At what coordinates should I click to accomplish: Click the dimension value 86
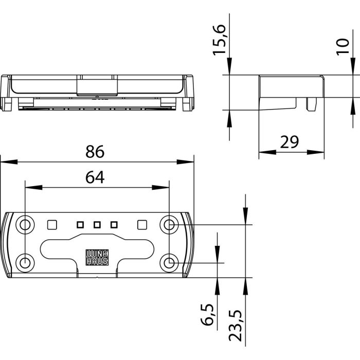(95, 152)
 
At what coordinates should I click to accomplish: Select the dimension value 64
(95, 177)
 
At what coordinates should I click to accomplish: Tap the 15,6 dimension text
(219, 40)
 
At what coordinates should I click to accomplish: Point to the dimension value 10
(343, 47)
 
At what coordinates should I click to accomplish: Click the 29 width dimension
(290, 142)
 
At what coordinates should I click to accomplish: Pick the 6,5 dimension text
(208, 315)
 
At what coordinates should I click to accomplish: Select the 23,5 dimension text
(236, 326)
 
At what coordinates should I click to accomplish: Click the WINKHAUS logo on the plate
(97, 257)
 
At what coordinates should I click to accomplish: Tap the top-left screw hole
(25, 225)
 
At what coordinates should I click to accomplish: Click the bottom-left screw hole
(25, 263)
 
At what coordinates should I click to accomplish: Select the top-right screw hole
(169, 225)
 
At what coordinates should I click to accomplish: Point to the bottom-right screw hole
(169, 263)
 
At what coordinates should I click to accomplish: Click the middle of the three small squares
(97, 225)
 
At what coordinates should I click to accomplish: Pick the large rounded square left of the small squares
(52, 225)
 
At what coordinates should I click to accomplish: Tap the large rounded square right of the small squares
(142, 225)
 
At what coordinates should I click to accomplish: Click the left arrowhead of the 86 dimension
(9, 162)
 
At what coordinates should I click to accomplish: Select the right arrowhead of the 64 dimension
(160, 188)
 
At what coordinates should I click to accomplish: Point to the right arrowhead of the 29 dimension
(315, 152)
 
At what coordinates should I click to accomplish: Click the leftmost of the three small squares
(80, 225)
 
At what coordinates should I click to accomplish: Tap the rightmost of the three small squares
(114, 225)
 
